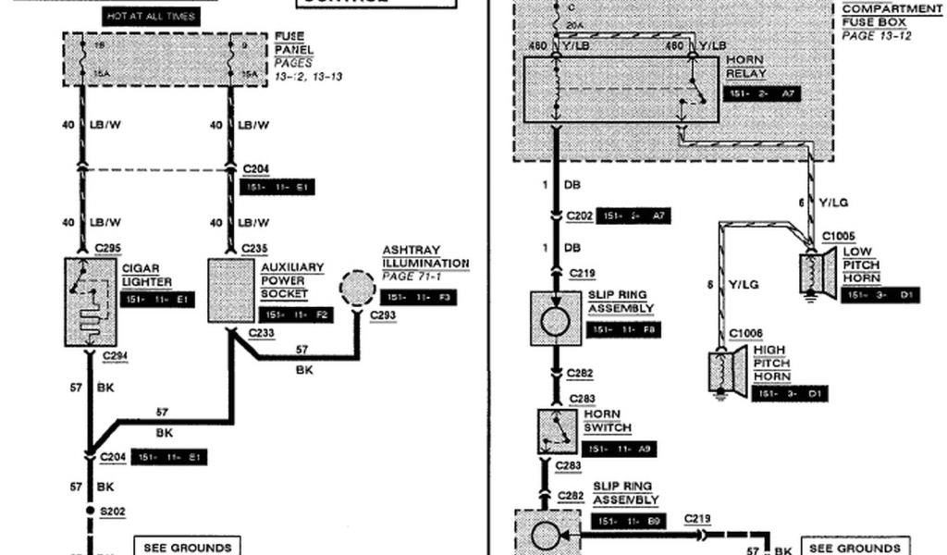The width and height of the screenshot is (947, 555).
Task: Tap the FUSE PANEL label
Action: [x=293, y=43]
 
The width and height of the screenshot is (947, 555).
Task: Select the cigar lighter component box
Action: [x=90, y=302]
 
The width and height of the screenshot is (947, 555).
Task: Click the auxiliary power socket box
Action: [x=230, y=290]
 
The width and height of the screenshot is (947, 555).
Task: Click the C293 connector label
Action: [x=382, y=314]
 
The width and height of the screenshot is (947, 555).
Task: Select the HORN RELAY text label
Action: [x=746, y=68]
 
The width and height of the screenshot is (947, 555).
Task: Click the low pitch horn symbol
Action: [x=818, y=274]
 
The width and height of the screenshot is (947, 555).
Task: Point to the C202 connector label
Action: [x=579, y=215]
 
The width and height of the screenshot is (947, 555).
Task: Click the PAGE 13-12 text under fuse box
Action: [x=876, y=35]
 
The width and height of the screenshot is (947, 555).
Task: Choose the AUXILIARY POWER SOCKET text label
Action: [x=291, y=280]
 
